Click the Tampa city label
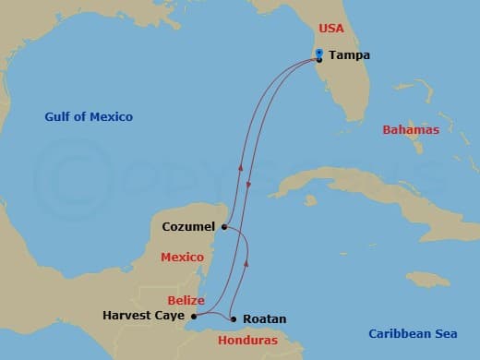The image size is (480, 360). pos(349,55)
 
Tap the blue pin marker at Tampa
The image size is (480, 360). pos(318,53)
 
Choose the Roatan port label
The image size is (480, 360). pos(266,319)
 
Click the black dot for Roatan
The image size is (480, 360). pos(234,319)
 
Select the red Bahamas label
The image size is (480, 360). pos(411,130)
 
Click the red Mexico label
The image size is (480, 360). pos(182,258)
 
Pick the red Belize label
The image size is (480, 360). pos(186,300)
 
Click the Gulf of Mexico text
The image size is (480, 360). pos(89,117)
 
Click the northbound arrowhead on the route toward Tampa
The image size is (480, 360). pos(241,168)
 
